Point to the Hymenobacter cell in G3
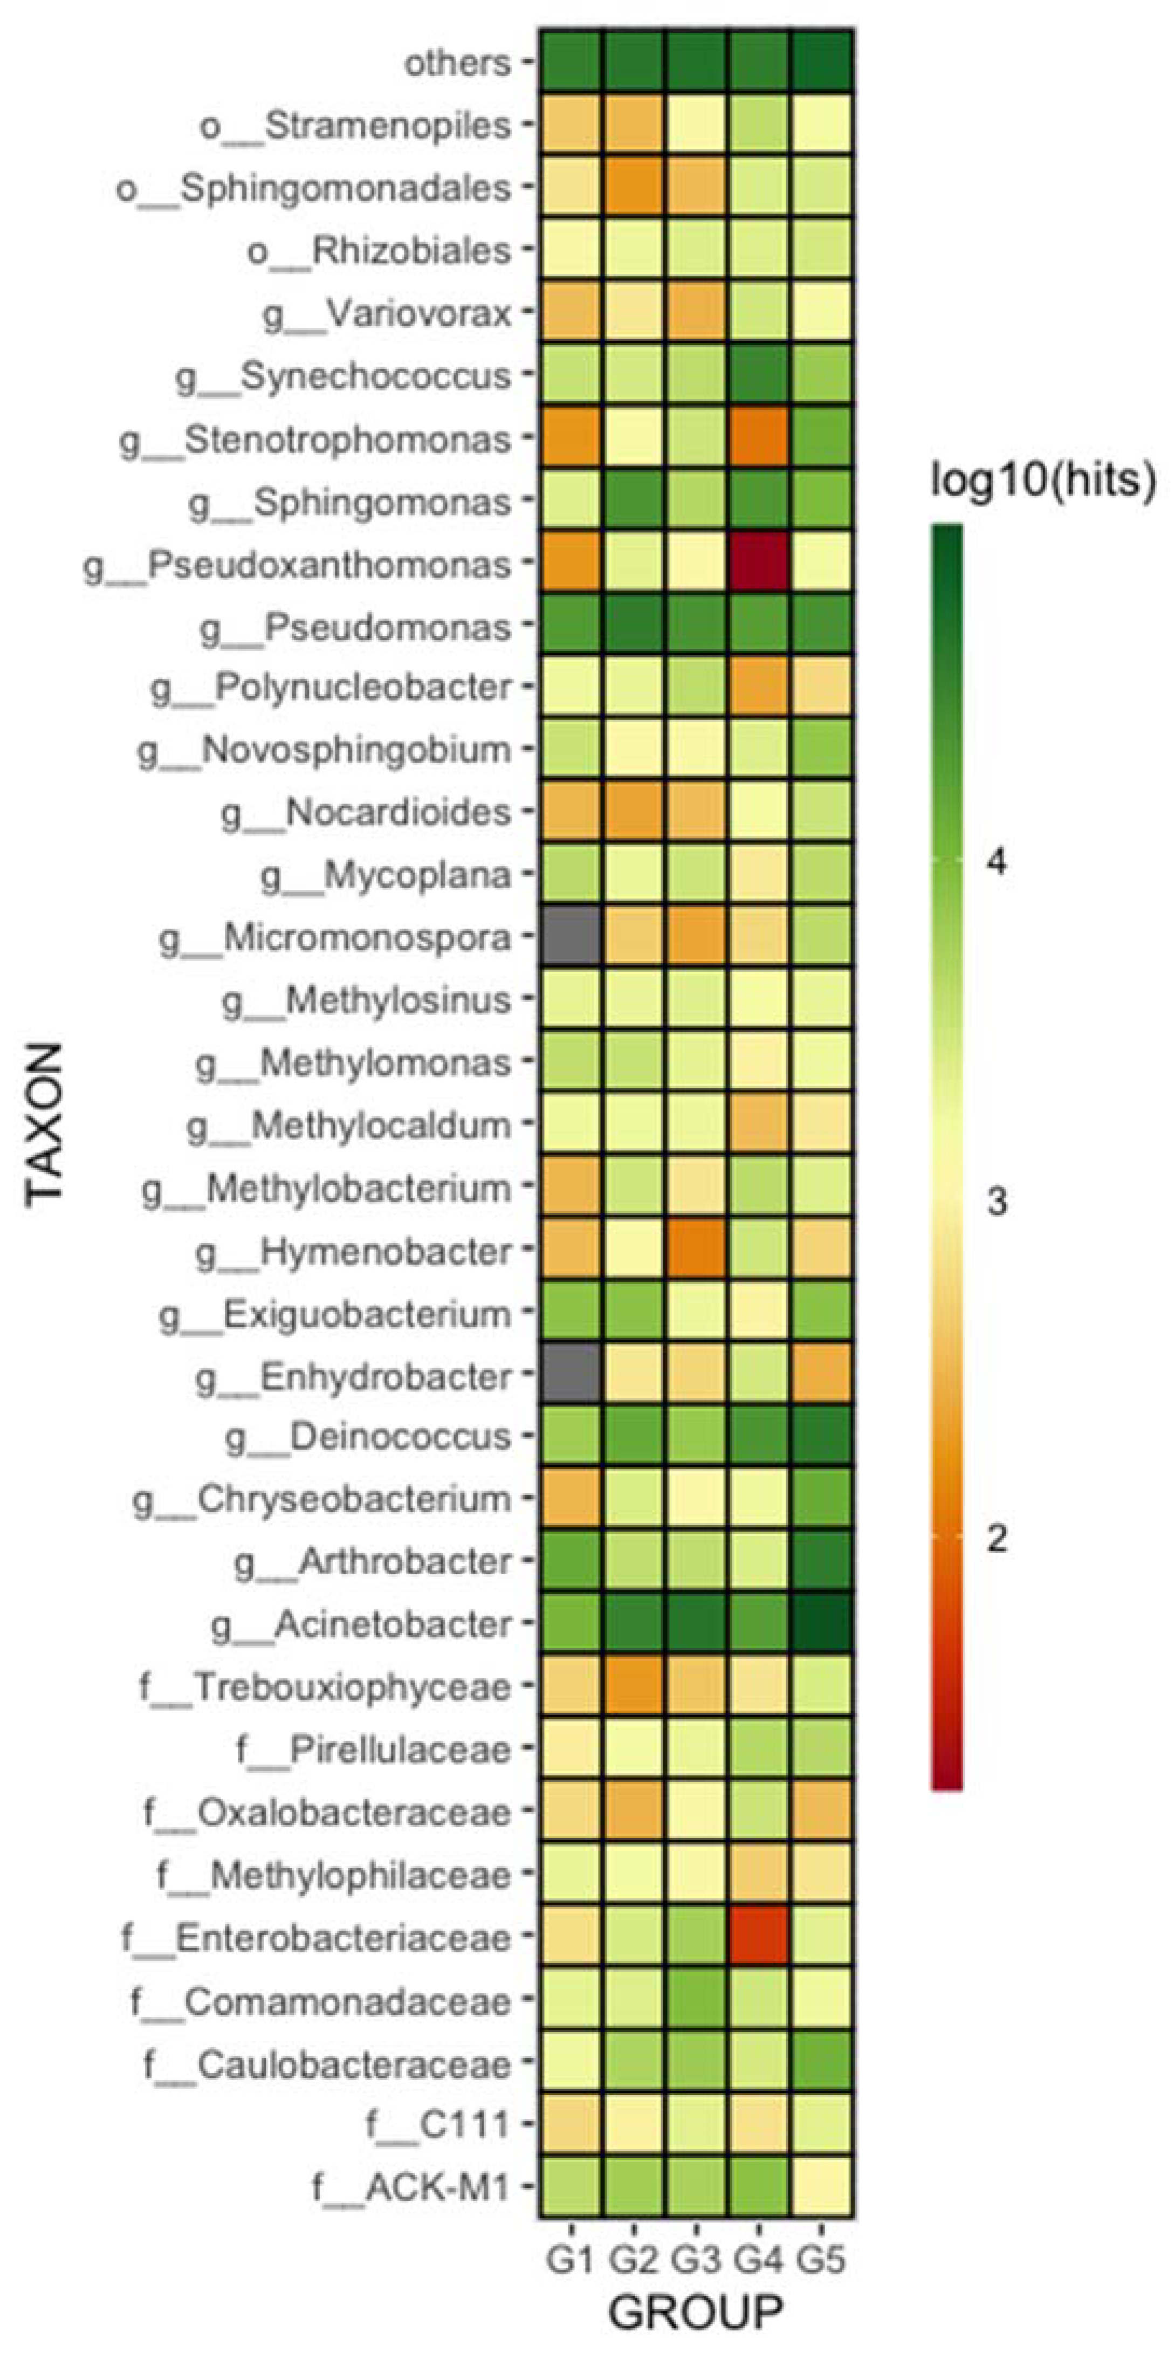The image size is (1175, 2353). [696, 1251]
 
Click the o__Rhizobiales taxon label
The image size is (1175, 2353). [379, 250]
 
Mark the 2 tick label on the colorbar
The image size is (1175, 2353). [997, 1538]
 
